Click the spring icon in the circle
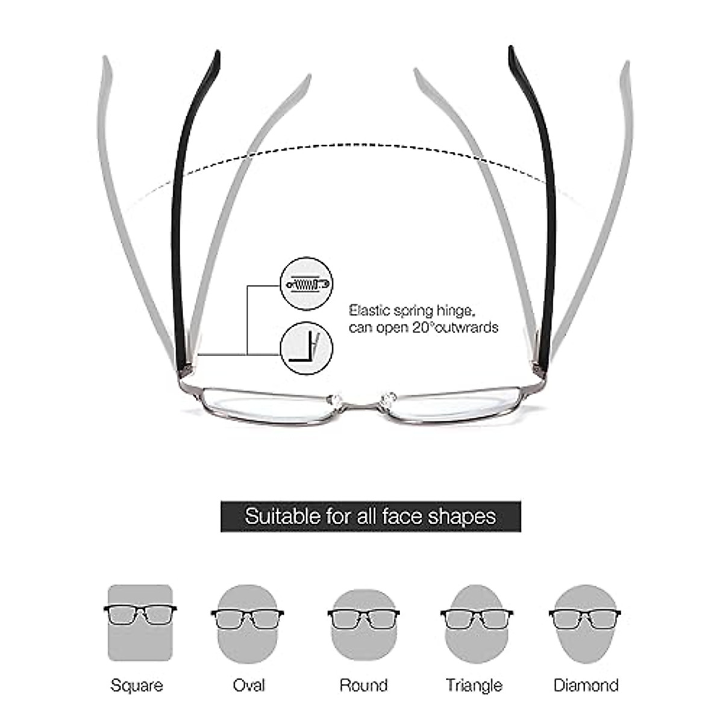(307, 283)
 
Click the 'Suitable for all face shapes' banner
(371, 516)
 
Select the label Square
(137, 685)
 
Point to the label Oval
(249, 685)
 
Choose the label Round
(363, 685)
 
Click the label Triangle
(474, 685)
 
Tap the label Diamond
(586, 685)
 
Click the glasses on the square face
(140, 614)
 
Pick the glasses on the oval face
(248, 618)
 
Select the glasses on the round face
(363, 618)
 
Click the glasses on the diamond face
(585, 618)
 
